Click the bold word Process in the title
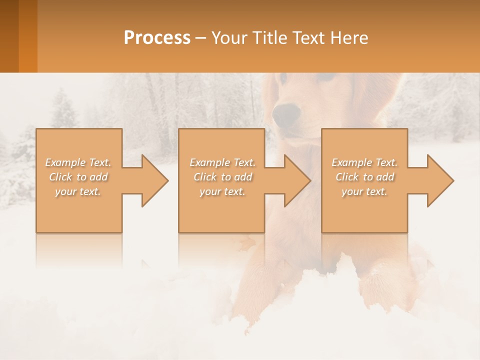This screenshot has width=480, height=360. click(157, 38)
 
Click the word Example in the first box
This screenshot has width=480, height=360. click(65, 162)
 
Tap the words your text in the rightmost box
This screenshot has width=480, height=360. click(364, 191)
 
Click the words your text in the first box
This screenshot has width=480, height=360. click(78, 191)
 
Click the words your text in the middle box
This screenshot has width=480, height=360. click(222, 191)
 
